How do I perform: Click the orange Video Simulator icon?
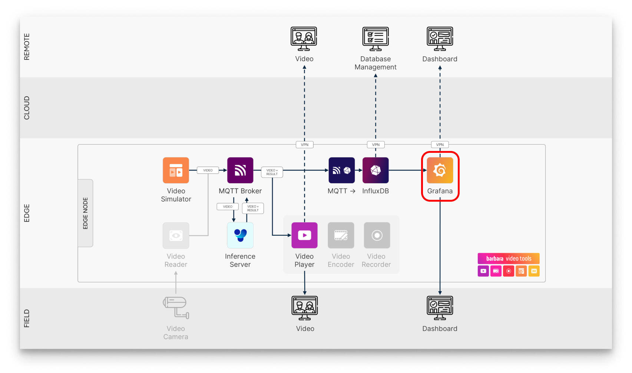point(176,170)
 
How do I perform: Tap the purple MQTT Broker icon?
point(240,170)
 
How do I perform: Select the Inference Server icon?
point(240,235)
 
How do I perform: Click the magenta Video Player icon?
point(304,235)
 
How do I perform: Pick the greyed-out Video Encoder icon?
point(341,235)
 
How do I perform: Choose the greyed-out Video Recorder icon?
point(377,235)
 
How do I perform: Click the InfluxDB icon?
point(375,170)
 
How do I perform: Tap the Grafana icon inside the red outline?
point(440,170)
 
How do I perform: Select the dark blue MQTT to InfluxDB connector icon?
point(341,170)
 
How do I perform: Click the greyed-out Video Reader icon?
point(176,235)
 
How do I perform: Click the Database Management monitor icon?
point(375,38)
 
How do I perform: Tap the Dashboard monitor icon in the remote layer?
point(440,38)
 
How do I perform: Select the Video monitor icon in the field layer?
point(304,308)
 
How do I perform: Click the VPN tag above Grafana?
point(440,145)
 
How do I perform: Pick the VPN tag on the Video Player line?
point(304,145)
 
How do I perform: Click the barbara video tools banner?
point(509,258)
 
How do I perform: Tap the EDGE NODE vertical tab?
point(85,213)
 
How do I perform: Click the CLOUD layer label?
point(27,108)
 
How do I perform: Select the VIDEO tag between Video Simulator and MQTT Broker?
point(208,170)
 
